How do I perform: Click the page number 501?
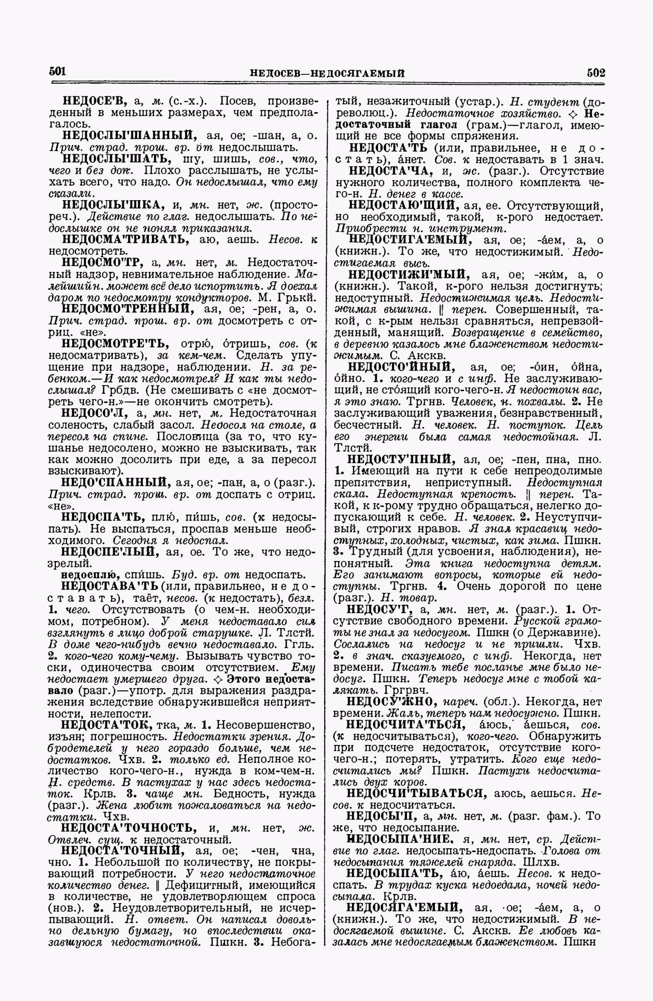pyautogui.click(x=56, y=72)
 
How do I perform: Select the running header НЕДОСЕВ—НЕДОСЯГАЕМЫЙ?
pyautogui.click(x=327, y=73)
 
